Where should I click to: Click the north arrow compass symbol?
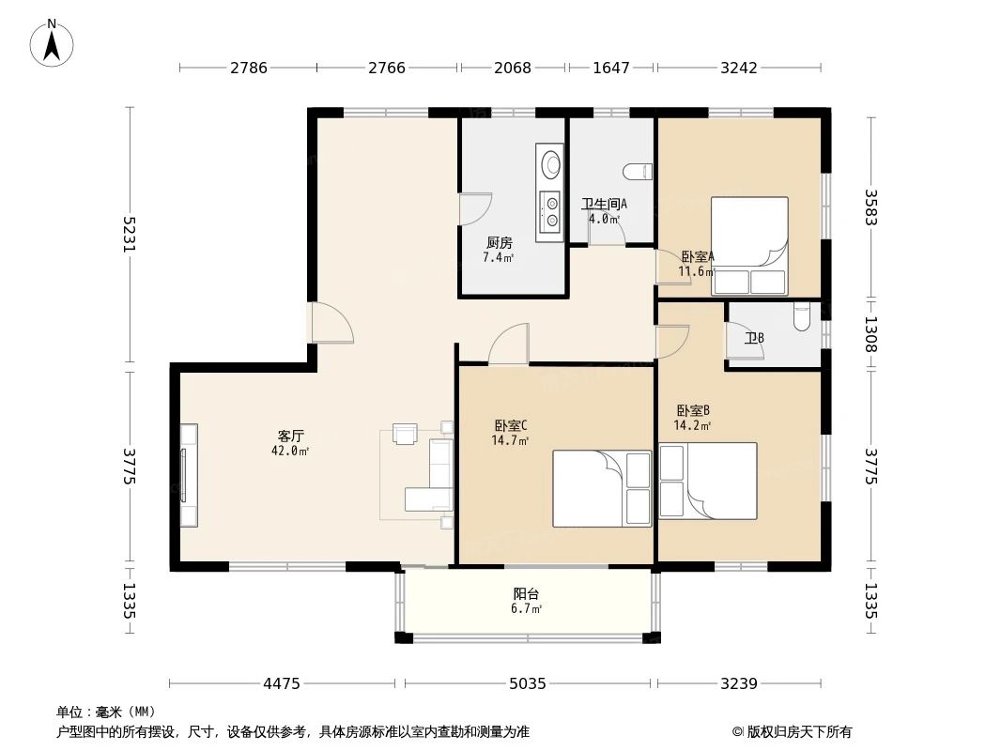[52, 43]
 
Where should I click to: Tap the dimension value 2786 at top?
[248, 68]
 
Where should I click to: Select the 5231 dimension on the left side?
[130, 234]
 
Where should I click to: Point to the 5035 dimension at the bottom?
[528, 684]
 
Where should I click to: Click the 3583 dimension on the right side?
[870, 207]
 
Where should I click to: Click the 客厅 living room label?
[290, 437]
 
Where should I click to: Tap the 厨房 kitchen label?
[500, 243]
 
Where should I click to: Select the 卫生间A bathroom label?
[604, 205]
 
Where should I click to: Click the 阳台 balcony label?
[527, 594]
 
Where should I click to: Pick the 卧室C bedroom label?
[510, 425]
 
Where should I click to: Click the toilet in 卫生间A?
[638, 171]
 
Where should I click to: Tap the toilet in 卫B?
[802, 316]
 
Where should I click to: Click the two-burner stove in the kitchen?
[550, 212]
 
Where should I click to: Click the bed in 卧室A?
[749, 246]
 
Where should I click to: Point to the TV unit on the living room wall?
[189, 475]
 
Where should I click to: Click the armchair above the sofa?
[405, 434]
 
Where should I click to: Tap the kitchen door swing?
[476, 208]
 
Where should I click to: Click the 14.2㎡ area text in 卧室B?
[693, 425]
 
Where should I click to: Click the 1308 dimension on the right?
[870, 333]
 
